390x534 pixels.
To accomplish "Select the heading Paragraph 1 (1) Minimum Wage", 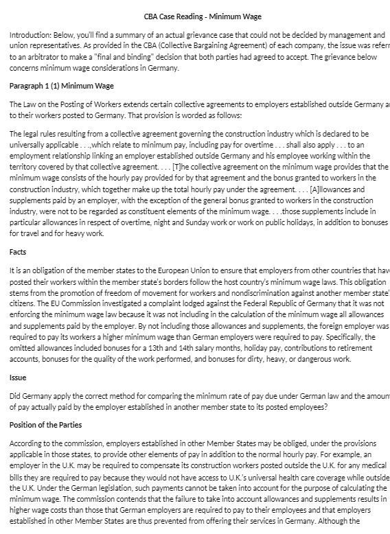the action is click(x=62, y=86).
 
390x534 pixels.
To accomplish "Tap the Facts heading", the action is click(x=18, y=253).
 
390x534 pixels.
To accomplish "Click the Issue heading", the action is click(x=18, y=378).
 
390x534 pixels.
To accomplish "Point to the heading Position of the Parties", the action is click(x=46, y=425).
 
